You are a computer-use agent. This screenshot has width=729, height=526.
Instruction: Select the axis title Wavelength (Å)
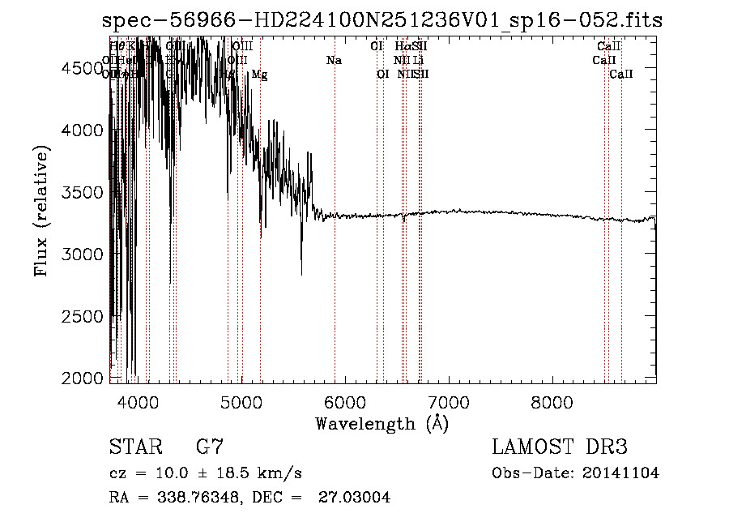click(x=382, y=423)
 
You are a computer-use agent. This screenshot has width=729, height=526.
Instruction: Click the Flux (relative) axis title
click(x=40, y=211)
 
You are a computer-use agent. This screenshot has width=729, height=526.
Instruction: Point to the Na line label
click(x=334, y=60)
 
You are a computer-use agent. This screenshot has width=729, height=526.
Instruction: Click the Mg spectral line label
click(x=259, y=75)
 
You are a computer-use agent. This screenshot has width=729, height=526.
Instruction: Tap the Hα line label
click(x=403, y=46)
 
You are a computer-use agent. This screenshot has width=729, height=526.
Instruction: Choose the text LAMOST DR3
click(x=560, y=447)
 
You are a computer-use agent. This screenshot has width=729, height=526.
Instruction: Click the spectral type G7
click(x=209, y=447)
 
